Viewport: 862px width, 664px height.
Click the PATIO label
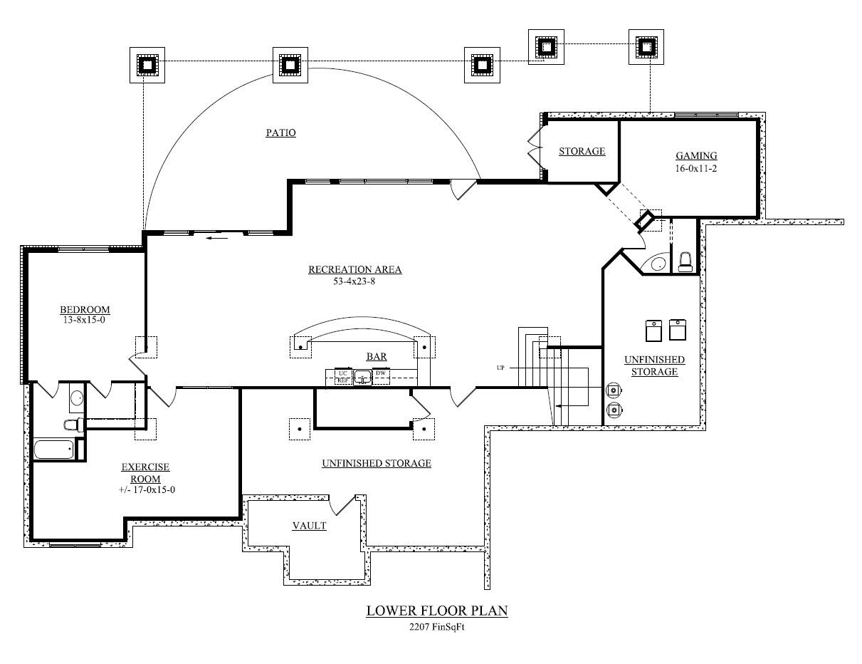[x=280, y=133]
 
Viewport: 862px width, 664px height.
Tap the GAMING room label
[x=695, y=155]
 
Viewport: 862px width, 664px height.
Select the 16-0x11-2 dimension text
[x=695, y=168]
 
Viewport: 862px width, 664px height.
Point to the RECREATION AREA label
[x=354, y=269]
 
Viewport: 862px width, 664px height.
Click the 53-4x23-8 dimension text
[x=354, y=281]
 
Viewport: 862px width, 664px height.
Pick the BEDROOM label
[x=85, y=309]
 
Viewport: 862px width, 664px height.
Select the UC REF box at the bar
[x=343, y=377]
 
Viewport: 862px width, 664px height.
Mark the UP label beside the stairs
[x=501, y=368]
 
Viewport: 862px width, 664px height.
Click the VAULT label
[x=309, y=526]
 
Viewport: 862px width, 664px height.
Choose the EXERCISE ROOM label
[x=145, y=473]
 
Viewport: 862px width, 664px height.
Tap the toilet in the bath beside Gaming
[x=685, y=261]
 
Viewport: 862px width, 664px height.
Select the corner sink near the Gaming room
[x=657, y=264]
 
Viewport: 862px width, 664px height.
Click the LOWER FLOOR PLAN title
[x=436, y=611]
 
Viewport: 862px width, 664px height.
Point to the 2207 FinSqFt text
[x=436, y=627]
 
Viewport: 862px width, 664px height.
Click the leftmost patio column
[x=147, y=65]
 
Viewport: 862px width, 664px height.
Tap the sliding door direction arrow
[x=217, y=239]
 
